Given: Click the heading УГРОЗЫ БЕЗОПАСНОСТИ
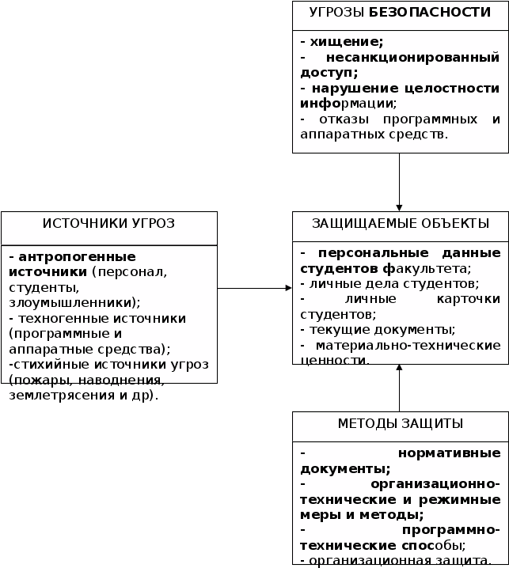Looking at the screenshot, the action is [x=400, y=12].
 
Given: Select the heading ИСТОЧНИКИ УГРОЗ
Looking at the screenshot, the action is [x=108, y=223].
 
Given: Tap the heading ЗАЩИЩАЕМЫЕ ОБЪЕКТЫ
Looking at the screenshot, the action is [x=400, y=223].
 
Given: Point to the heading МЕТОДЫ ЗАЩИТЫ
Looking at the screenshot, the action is [x=400, y=424].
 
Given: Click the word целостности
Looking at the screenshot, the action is [x=458, y=88].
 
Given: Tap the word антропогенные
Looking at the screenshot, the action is [x=77, y=256].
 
